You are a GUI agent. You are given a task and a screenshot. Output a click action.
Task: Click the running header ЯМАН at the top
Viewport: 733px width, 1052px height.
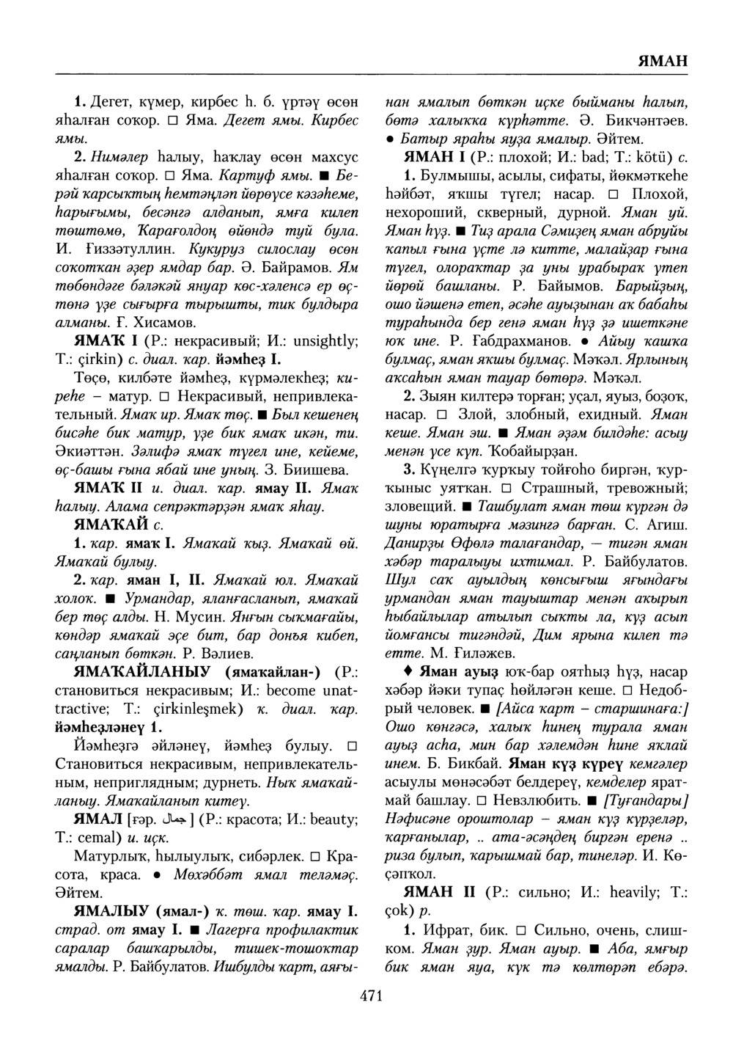662,61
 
